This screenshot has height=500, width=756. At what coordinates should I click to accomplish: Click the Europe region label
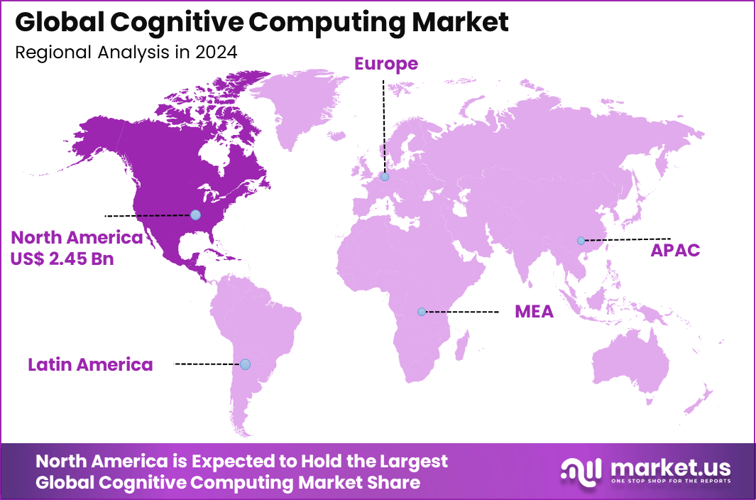[x=386, y=64]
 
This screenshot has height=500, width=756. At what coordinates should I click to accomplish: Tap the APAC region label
[x=675, y=250]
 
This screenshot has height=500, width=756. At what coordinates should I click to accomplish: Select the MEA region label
[x=534, y=312]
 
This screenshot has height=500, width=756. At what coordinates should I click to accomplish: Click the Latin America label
[x=90, y=364]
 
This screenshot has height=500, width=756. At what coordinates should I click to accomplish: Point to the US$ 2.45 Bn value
[x=62, y=259]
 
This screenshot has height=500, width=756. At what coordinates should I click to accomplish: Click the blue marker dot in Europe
[x=384, y=177]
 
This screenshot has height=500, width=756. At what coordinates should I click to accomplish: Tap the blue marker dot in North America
[x=195, y=214]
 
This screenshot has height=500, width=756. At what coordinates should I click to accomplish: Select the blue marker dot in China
[x=581, y=241]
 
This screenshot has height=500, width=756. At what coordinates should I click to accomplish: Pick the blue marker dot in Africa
[x=421, y=312]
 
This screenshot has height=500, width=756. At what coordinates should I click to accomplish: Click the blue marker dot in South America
[x=245, y=364]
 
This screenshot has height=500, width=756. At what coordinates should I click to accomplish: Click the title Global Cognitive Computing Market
[x=261, y=23]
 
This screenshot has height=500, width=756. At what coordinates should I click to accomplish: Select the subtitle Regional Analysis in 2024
[x=126, y=53]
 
